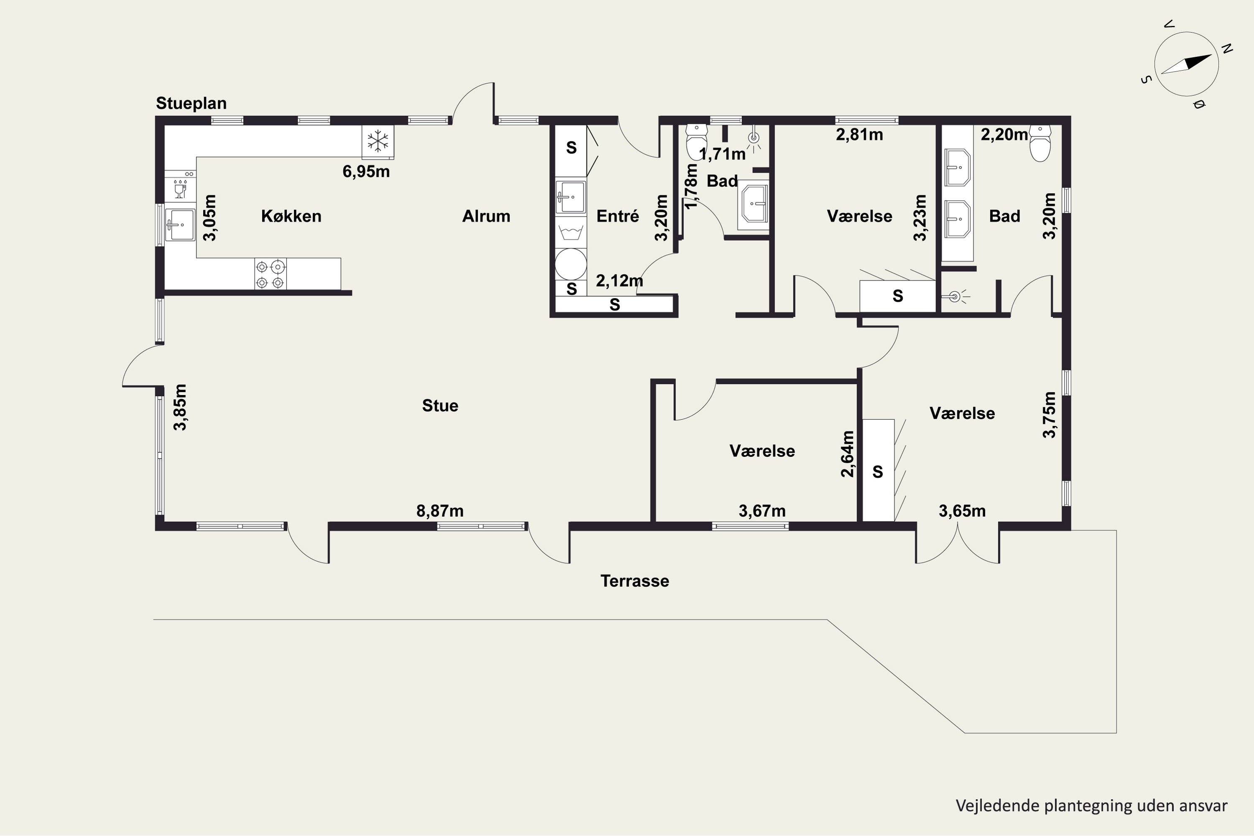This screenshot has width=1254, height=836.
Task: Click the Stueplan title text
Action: (x=191, y=103)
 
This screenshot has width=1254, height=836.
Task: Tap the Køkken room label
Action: (x=291, y=216)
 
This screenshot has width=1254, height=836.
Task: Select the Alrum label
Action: (x=486, y=216)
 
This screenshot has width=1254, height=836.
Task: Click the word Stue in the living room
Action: (x=440, y=406)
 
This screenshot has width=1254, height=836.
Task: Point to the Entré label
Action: (x=617, y=216)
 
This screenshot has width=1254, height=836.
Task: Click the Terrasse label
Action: (x=635, y=581)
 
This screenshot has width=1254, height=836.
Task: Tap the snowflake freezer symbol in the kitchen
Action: (x=378, y=141)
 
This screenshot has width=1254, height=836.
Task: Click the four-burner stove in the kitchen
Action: (x=270, y=274)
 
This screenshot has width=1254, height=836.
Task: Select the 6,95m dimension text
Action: (x=366, y=172)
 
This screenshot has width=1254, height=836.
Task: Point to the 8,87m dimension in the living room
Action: (x=440, y=511)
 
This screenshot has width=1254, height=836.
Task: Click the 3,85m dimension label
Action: (x=181, y=407)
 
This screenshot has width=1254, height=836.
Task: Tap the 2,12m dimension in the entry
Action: (x=619, y=280)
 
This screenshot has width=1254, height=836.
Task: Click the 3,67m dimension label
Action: (x=762, y=511)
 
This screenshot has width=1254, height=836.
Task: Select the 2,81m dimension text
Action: (x=859, y=135)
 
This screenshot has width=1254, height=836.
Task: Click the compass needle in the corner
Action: (x=1186, y=64)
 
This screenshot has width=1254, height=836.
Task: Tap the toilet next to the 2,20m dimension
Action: (x=1040, y=143)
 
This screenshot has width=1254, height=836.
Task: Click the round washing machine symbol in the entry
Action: (x=571, y=264)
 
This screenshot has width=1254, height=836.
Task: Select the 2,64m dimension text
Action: (x=847, y=454)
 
